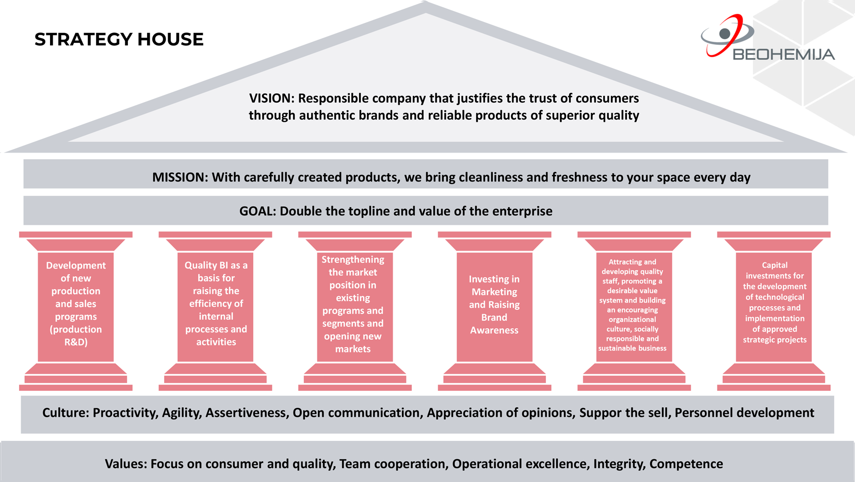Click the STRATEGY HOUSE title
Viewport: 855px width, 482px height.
119,40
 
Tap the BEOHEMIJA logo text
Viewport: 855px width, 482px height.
783,55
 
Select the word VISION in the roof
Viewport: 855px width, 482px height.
271,98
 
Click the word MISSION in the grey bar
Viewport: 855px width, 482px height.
180,177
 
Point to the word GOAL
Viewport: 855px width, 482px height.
256,211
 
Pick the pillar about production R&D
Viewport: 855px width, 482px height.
76,304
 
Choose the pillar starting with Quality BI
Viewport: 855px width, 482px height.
216,304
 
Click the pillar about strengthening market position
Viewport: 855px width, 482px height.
353,304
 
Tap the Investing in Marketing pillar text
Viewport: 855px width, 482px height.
494,305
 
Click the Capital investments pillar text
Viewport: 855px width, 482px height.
775,303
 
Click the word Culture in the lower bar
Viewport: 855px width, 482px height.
64,413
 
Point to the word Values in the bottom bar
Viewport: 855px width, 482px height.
125,464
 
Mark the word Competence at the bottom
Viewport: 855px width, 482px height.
686,464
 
